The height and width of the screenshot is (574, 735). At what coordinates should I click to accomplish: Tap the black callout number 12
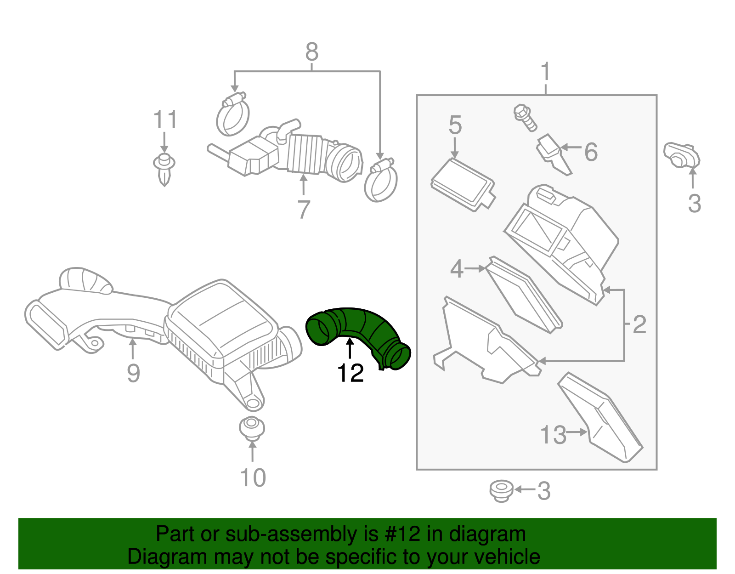(351, 373)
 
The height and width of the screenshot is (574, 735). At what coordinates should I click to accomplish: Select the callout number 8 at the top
(312, 52)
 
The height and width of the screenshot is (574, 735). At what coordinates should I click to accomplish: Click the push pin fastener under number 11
(164, 168)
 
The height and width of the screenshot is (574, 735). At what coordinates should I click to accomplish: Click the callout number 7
(304, 210)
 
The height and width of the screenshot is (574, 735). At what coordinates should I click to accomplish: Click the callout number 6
(591, 152)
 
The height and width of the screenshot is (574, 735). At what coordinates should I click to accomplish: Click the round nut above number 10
(252, 428)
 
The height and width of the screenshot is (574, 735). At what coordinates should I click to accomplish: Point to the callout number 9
(133, 373)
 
